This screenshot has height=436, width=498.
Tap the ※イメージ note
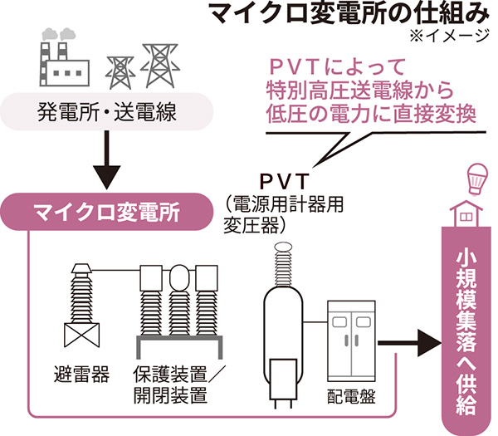point(453,37)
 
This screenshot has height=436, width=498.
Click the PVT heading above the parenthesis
point(285,180)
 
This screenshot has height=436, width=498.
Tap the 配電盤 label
point(353,396)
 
